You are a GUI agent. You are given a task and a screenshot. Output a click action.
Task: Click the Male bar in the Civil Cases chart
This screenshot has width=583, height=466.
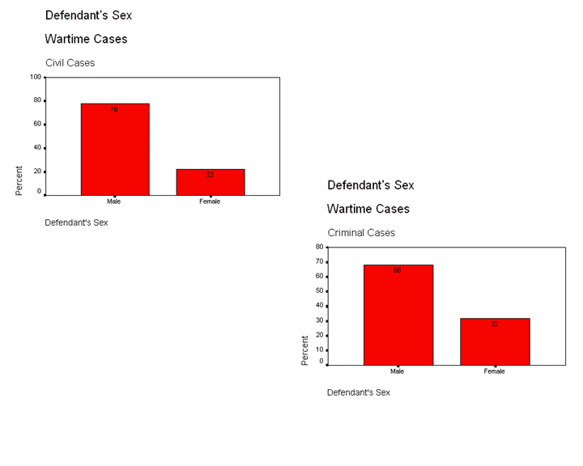pos(114,150)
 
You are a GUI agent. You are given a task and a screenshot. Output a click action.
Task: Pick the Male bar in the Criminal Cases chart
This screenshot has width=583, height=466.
pos(398,316)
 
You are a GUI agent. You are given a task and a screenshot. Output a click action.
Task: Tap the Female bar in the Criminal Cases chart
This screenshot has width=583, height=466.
pos(495,342)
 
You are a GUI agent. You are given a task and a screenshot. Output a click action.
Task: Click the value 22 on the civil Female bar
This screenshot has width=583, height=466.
pos(210,175)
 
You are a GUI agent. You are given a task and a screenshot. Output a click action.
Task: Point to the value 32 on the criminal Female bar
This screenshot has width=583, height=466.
pos(495,324)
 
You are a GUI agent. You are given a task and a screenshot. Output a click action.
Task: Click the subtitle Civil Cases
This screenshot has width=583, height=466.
pos(70,62)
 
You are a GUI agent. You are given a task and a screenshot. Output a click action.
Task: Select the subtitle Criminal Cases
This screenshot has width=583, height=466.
pos(361,232)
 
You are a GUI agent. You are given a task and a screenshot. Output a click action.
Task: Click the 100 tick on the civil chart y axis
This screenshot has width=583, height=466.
pos(36,78)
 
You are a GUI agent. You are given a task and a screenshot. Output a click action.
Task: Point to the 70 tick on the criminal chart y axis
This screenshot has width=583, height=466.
pos(319,261)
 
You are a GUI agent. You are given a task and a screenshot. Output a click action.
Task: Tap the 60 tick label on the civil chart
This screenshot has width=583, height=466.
pos(37,124)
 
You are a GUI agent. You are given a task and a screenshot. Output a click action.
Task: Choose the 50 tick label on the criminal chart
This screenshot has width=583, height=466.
pos(319,291)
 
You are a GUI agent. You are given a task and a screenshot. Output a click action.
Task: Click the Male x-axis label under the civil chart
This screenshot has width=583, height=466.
pos(114,201)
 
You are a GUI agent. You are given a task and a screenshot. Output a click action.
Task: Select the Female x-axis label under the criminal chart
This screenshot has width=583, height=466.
pos(495,371)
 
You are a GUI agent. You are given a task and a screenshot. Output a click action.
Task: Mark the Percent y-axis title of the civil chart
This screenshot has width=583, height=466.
pos(19,180)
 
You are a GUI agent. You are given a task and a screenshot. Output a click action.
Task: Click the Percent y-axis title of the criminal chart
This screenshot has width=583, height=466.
pos(305,350)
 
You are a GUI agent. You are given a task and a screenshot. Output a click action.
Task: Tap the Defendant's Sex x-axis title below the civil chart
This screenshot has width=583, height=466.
pos(76,222)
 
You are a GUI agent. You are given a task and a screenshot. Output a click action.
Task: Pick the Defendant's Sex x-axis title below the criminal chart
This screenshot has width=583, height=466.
pos(359,392)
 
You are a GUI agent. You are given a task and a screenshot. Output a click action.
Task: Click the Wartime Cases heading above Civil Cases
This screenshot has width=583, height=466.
pos(86,39)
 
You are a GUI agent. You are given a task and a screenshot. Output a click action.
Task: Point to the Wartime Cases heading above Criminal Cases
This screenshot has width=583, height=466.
pos(368,209)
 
